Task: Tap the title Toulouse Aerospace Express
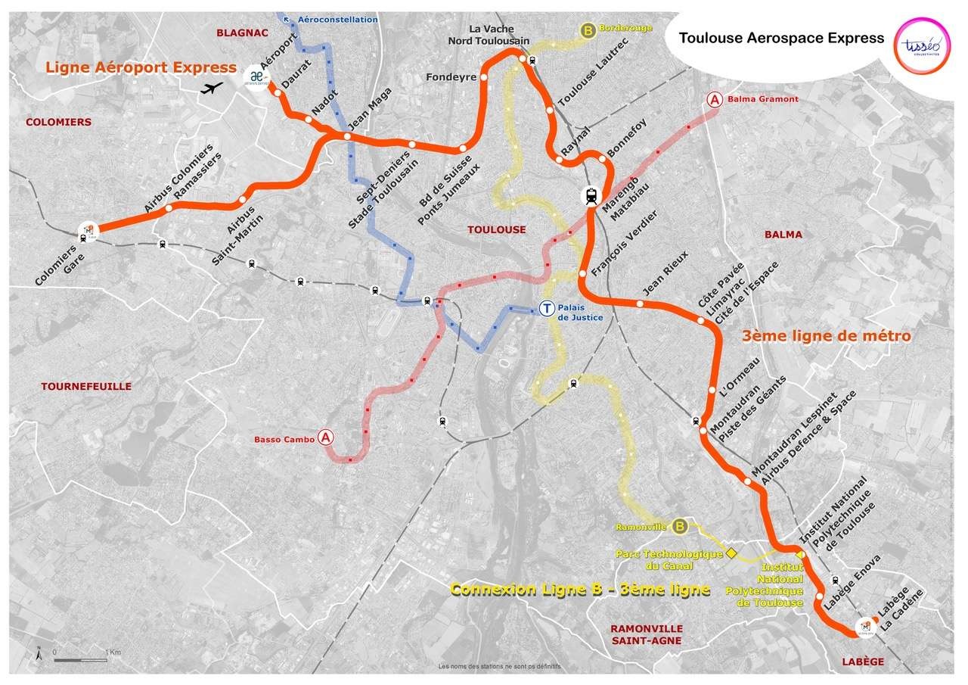781,38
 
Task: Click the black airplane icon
214,88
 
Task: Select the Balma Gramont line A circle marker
713,99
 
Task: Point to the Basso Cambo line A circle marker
326,437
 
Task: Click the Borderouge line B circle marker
588,30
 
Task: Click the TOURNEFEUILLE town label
86,386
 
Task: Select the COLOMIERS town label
58,122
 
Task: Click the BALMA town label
783,235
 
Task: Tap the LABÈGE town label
863,662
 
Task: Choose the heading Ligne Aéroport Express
141,67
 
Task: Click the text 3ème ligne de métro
826,335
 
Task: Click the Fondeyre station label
451,77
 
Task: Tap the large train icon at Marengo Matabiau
591,196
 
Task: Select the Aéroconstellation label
337,19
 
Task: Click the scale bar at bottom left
79,660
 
